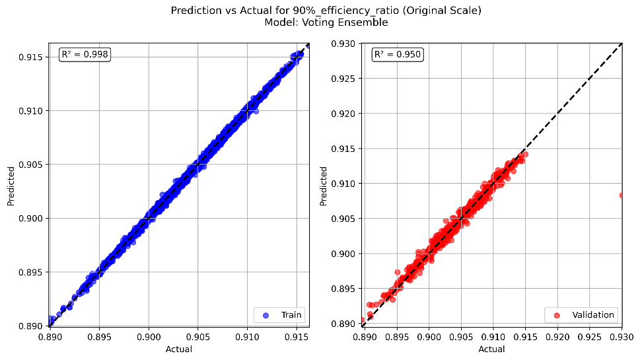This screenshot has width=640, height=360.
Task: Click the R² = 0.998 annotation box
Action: pos(85,55)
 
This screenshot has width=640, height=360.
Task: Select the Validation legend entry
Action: pos(581,314)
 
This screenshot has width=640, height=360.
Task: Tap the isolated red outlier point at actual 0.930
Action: pos(622,195)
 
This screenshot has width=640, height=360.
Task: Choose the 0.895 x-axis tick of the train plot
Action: pos(98,337)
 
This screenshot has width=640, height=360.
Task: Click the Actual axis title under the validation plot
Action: pos(491,349)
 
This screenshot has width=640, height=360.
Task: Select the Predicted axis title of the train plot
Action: pos(11,185)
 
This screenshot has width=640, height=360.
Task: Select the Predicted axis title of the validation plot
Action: pos(324,185)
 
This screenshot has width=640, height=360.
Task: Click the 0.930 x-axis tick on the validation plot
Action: pos(622,337)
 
